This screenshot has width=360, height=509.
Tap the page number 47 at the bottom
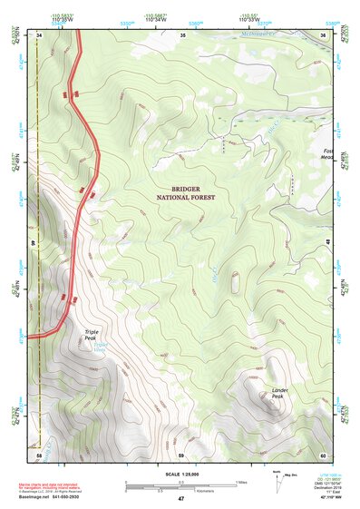pyautogui.click(x=180, y=499)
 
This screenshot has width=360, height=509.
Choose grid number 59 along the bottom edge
pyautogui.click(x=181, y=454)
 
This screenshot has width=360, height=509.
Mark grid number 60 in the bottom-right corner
pyautogui.click(x=324, y=454)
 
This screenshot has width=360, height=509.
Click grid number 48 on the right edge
pyautogui.click(x=326, y=241)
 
